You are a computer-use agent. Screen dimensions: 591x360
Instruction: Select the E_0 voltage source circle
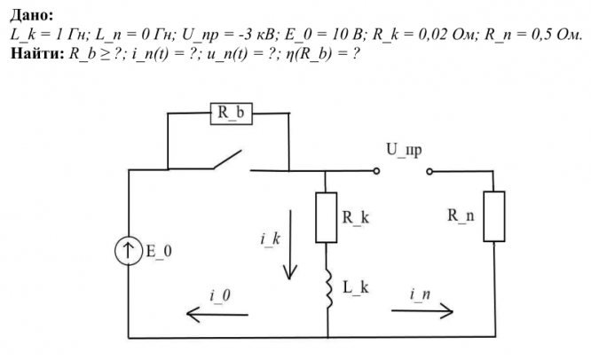[x=129, y=250]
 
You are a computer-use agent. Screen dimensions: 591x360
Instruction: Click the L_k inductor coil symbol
[x=328, y=289]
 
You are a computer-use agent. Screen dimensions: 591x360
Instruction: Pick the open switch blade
[x=228, y=160]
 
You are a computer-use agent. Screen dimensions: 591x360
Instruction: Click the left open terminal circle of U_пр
[x=376, y=171]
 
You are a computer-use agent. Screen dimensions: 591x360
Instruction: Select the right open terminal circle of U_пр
[x=429, y=172]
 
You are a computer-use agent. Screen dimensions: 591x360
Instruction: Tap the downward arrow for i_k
[x=290, y=245]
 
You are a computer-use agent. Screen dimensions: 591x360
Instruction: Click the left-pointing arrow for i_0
[x=217, y=315]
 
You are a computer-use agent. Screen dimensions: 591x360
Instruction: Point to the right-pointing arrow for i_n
[x=422, y=311]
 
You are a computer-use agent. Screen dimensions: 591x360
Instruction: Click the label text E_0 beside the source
[x=159, y=251]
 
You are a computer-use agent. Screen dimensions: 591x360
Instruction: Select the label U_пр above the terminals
[x=404, y=150]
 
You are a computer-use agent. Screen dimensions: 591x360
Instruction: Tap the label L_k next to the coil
[x=356, y=287]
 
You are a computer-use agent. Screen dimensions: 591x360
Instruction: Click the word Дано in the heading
[x=32, y=15]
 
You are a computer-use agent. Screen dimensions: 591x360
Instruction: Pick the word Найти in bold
[x=37, y=53]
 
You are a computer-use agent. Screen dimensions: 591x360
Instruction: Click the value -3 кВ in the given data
[x=259, y=35]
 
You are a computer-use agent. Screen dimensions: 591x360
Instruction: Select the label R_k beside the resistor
[x=356, y=217]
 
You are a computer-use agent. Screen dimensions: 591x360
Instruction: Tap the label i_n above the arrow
[x=420, y=294]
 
